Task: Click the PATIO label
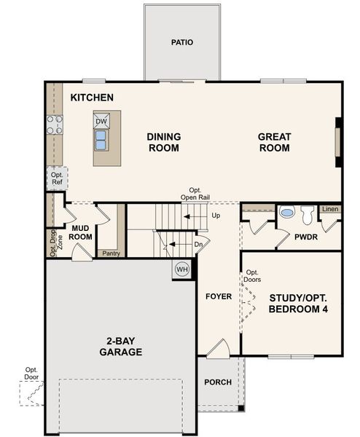click(182, 42)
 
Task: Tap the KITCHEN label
click(92, 97)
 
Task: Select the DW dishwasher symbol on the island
click(101, 121)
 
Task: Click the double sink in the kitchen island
click(101, 137)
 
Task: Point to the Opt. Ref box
click(57, 178)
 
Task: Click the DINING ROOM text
click(164, 142)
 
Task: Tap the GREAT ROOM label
click(274, 142)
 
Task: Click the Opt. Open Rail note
click(195, 193)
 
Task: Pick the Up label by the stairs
click(215, 216)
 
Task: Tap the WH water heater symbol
click(181, 269)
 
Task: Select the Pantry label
click(111, 253)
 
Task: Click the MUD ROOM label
click(80, 232)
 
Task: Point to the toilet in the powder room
click(307, 214)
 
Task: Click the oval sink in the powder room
click(286, 214)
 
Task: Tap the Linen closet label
click(330, 210)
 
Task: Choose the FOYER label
click(219, 296)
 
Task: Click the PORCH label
click(218, 382)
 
